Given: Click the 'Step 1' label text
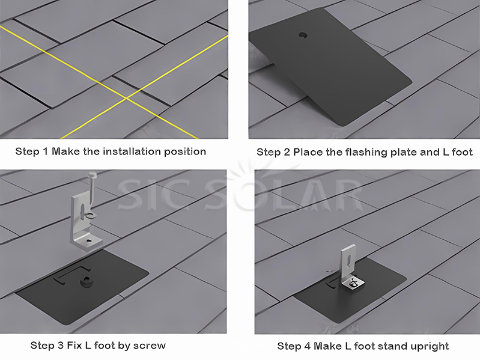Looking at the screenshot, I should point(31,151).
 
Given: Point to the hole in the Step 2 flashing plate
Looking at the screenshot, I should point(302,34).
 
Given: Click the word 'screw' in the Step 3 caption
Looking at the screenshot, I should point(149,346).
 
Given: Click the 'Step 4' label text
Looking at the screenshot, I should point(293,346).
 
